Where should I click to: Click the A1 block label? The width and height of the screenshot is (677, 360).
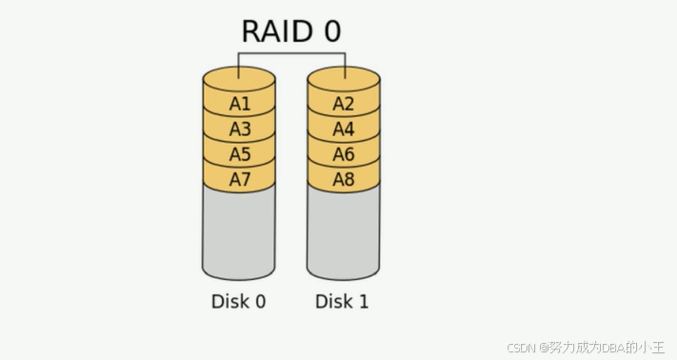[240, 104]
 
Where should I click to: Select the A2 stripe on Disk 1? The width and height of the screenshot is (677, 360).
[344, 104]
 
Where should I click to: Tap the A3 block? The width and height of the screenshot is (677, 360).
[239, 130]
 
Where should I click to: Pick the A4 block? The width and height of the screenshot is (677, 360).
[344, 130]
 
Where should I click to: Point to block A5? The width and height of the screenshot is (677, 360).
[239, 154]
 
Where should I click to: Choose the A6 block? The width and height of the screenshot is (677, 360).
[344, 154]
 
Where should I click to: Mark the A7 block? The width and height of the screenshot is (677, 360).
[239, 179]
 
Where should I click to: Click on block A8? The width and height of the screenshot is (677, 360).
[344, 179]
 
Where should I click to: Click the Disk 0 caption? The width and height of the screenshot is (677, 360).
[238, 301]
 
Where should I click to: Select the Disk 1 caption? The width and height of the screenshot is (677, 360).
[342, 301]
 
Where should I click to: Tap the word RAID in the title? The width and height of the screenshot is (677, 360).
[277, 31]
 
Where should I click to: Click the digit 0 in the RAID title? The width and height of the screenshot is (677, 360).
[332, 31]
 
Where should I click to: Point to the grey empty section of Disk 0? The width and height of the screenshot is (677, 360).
[239, 230]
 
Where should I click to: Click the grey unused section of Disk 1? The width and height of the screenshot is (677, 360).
[343, 230]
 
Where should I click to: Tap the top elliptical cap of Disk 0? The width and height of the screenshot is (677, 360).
[239, 79]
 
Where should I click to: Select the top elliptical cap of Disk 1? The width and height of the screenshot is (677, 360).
[344, 79]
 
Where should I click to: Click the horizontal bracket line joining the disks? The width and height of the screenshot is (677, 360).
[292, 53]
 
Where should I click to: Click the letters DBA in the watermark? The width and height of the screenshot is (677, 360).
[613, 347]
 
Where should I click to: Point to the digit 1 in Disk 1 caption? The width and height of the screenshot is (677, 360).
[364, 301]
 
